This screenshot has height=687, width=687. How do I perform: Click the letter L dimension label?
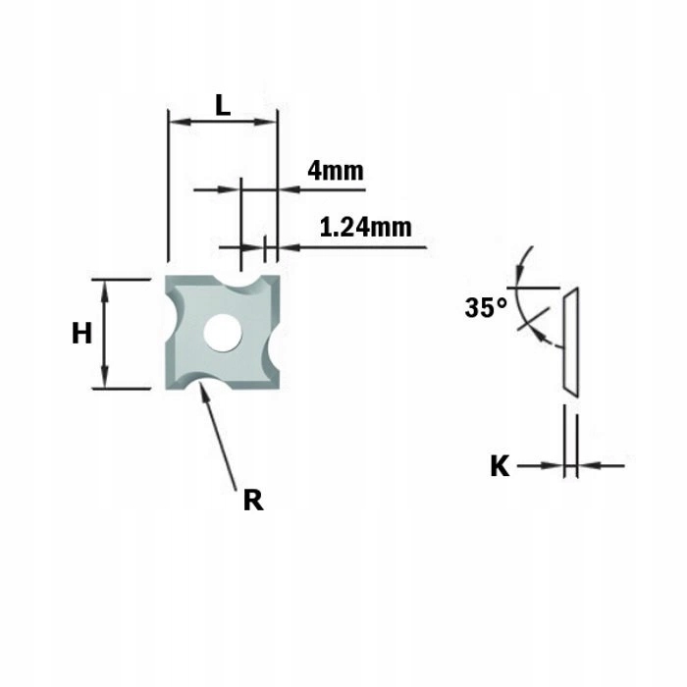pos(223,105)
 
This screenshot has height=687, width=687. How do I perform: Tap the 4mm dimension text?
pos(336,171)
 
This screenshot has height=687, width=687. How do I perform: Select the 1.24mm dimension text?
pos(366,228)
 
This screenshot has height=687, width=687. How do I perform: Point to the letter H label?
pos(81,333)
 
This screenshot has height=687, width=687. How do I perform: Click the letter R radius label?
pos(253,501)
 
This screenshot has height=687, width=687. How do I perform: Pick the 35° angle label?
pos(486,307)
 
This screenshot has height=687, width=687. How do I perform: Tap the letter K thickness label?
pos(500,466)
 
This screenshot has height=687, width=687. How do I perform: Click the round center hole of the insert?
pos(223,333)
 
